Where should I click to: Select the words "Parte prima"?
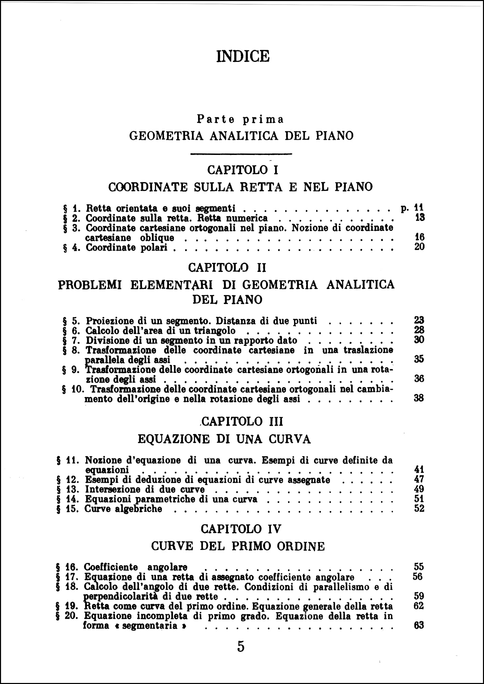point(240,119)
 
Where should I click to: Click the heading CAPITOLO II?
point(227,267)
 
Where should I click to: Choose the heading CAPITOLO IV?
point(241,529)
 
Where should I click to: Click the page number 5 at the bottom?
point(241,647)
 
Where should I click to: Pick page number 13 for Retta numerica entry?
point(419,218)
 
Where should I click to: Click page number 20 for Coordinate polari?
point(419,247)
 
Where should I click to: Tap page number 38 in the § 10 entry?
point(419,398)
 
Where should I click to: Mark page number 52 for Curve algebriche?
point(419,509)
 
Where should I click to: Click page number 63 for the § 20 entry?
point(419,626)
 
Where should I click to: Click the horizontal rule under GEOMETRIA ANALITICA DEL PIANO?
point(241,154)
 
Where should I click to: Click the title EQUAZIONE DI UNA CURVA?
point(224,439)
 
